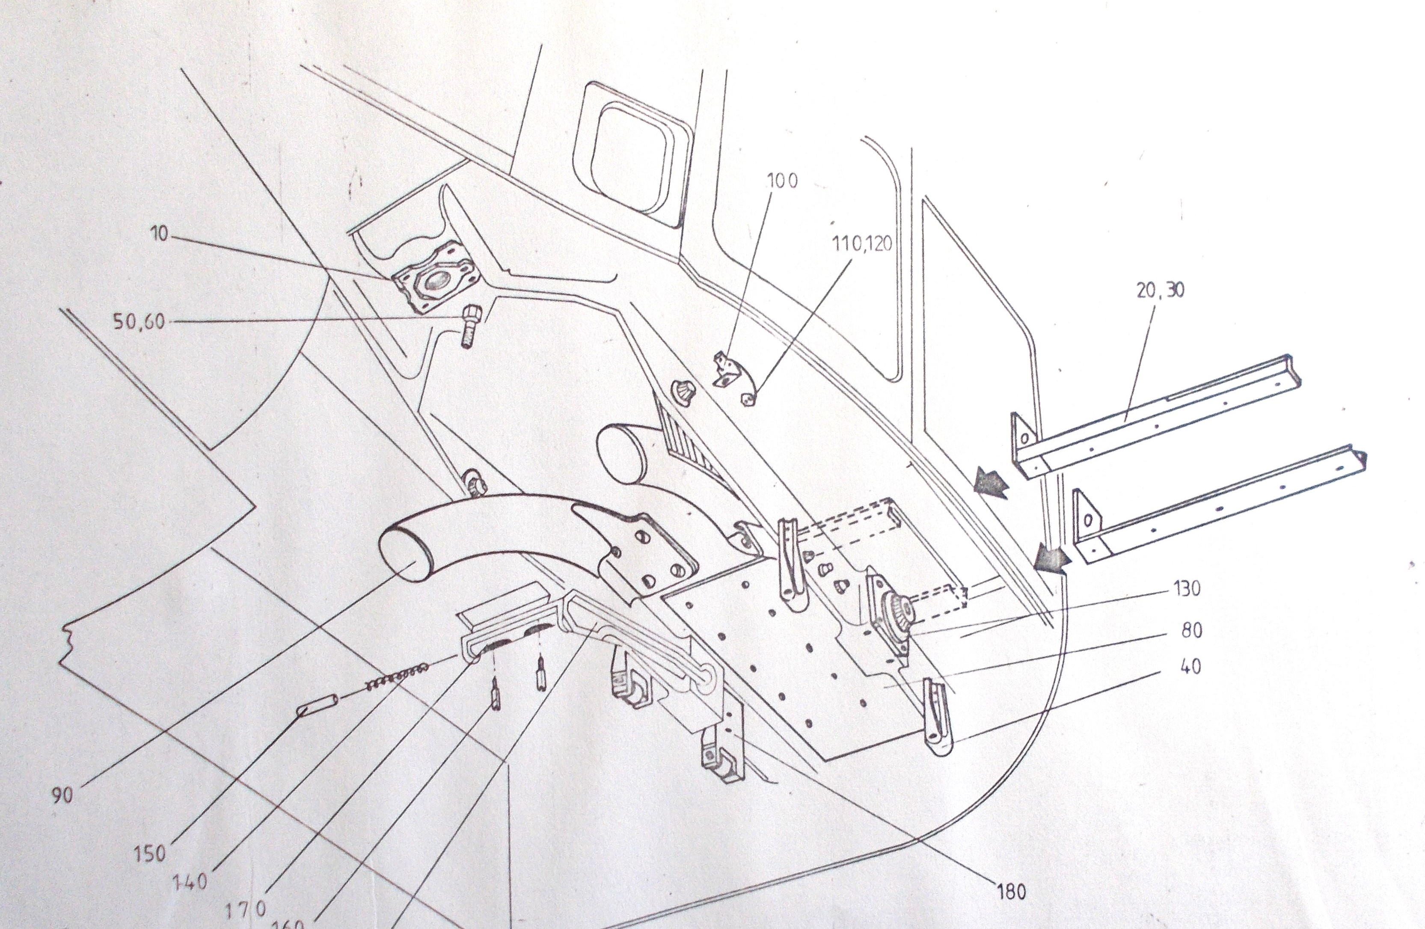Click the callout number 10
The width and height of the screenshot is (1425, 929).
pyautogui.click(x=159, y=234)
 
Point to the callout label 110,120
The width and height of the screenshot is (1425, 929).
pyautogui.click(x=862, y=243)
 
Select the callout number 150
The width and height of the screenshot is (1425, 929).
pyautogui.click(x=150, y=853)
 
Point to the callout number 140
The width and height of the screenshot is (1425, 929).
pyautogui.click(x=189, y=882)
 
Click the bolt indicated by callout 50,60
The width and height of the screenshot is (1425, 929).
pyautogui.click(x=469, y=326)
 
